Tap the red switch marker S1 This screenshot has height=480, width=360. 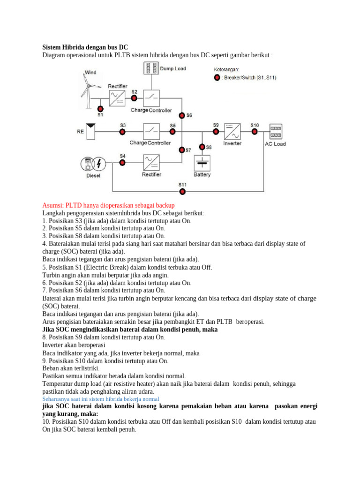(100, 107)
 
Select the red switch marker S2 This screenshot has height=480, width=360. (135, 98)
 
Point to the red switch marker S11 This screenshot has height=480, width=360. (183, 191)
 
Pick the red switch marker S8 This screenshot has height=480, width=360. (202, 147)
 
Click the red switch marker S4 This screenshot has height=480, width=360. (122, 162)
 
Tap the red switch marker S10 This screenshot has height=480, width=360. (255, 132)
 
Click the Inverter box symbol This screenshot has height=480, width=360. (232, 132)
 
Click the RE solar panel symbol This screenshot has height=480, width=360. (91, 132)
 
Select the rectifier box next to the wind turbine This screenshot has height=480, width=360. (117, 98)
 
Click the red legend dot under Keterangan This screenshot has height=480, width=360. (217, 78)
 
